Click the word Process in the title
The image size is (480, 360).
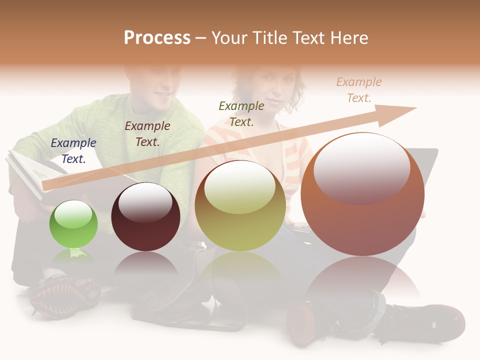coord(157,38)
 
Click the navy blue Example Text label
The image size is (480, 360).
coord(73,150)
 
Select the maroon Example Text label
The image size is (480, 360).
coord(147,133)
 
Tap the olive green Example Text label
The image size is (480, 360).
coord(241,113)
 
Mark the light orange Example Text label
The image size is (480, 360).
coord(359,89)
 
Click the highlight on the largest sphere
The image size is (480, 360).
coord(362,167)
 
